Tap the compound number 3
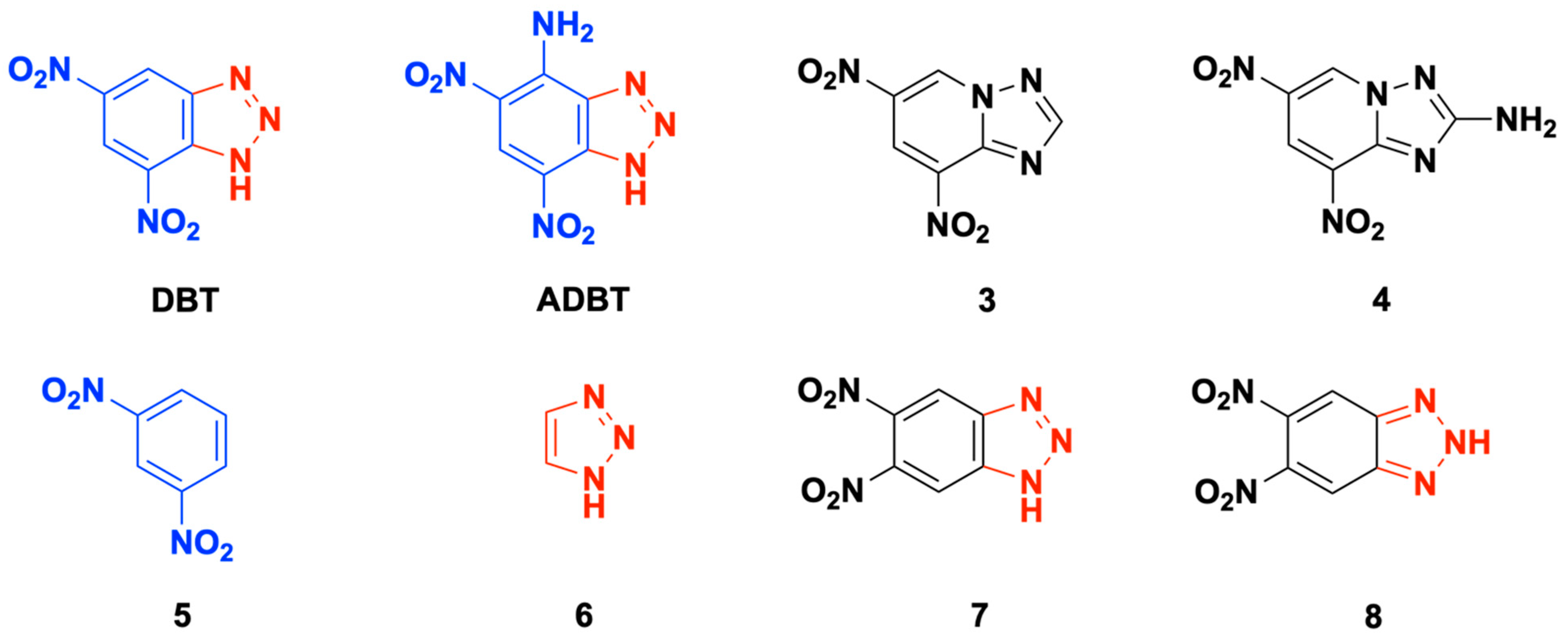[987, 301]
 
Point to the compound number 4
[1381, 301]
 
